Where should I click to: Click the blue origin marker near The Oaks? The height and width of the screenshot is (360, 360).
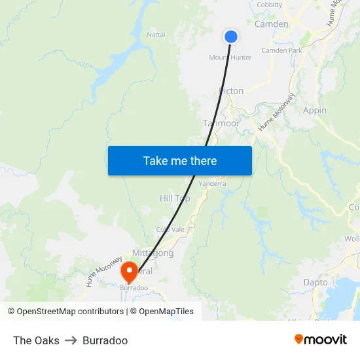231,37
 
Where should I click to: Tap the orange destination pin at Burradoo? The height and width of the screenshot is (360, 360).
128,270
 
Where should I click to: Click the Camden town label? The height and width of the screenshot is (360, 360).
271,24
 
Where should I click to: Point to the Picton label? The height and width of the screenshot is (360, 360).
232,91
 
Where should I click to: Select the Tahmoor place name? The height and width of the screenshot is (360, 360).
221,123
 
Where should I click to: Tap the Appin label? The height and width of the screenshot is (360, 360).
315,111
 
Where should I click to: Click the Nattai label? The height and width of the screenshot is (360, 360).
156,34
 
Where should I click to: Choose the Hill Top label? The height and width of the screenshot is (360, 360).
175,198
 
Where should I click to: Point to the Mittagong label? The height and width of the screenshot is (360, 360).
153,253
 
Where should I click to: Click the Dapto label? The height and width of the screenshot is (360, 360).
315,282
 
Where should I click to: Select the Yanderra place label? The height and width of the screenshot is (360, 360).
212,184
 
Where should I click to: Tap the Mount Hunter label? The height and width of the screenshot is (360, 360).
230,58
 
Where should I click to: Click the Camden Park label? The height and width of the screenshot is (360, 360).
281,50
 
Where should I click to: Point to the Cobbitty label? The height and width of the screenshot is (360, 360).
270,5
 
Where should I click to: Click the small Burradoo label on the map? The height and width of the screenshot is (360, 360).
134,287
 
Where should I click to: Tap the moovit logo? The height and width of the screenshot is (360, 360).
320,340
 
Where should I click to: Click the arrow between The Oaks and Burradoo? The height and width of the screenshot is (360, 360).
71,340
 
